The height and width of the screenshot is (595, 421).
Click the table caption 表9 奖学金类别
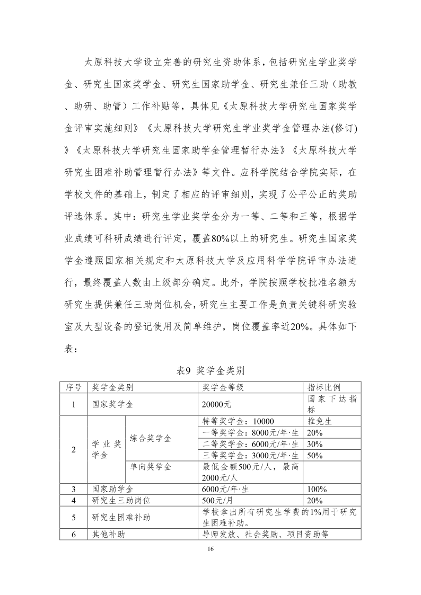210,370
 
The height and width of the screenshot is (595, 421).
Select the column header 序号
73,387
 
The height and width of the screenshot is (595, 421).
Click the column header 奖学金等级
223,387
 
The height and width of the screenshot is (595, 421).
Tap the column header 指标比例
323,387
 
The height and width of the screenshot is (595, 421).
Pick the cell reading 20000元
217,404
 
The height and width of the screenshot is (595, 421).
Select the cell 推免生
320,422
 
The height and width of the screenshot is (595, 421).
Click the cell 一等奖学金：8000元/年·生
250,433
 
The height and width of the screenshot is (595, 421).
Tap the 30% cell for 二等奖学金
315,444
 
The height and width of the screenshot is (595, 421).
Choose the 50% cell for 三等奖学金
315,455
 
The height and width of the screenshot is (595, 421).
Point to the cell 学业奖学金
106,449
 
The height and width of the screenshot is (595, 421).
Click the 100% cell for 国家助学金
317,489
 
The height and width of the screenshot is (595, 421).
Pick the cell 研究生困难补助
121,517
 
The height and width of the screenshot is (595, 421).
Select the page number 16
210,551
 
